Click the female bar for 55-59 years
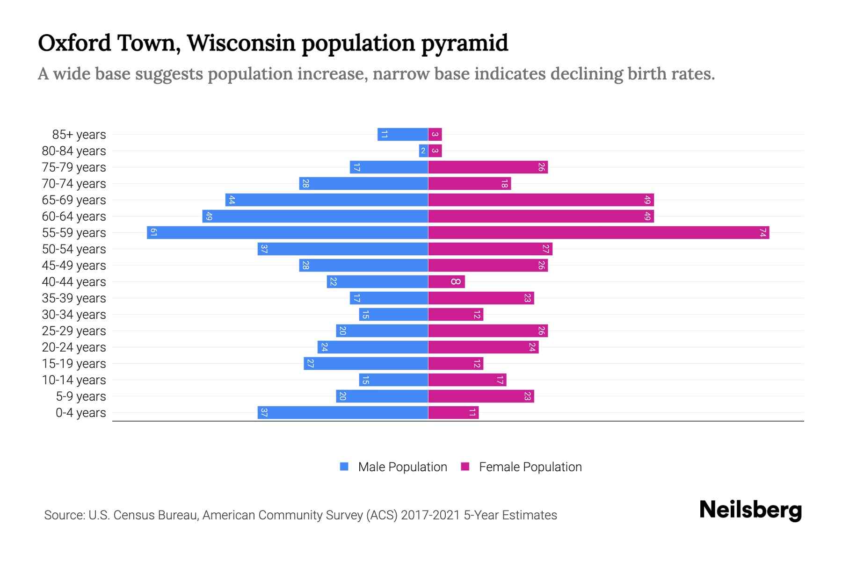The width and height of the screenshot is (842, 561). pos(599,232)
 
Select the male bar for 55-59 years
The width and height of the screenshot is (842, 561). pos(287,232)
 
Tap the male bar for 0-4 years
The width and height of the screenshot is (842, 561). pos(342,412)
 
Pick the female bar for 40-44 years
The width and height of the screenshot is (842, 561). pos(446,281)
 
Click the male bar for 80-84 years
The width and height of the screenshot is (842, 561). pos(423,151)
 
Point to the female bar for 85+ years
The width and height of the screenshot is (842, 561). pos(435,134)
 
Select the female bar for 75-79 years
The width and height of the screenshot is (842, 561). pos(488,167)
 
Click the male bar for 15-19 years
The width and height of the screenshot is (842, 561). pos(366,363)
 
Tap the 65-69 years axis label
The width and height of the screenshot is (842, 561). pos(74,200)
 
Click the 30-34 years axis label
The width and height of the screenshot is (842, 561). pos(74,315)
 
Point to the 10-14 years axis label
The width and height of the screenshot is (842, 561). pos(74,380)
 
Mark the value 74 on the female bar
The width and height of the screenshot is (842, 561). pos(763,232)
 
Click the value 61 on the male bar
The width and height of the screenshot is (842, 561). pos(153,232)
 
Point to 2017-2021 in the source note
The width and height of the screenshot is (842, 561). pos(430,515)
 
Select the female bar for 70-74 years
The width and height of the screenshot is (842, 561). pos(469,183)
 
